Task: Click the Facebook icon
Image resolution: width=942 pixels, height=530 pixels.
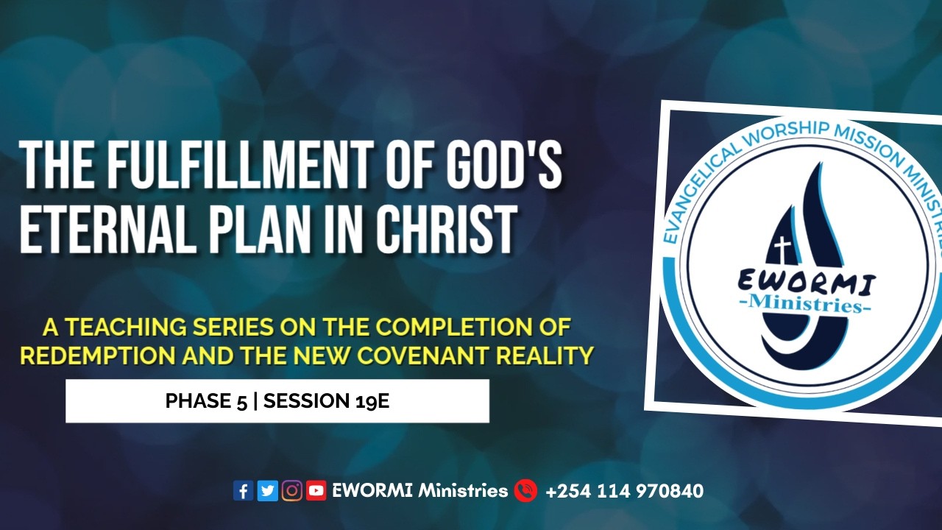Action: pos(243,490)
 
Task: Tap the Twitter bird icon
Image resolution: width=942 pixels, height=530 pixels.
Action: pos(268,490)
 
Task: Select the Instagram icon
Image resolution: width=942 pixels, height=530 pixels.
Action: pos(292,490)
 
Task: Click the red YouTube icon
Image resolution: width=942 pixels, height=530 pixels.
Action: pos(316,490)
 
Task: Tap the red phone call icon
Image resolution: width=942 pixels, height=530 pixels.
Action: pos(525,490)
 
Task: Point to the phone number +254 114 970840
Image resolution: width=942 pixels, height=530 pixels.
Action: pos(624,490)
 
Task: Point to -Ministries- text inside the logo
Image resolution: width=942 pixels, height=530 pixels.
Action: pos(804,305)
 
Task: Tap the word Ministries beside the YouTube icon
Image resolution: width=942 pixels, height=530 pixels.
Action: pos(463,490)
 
